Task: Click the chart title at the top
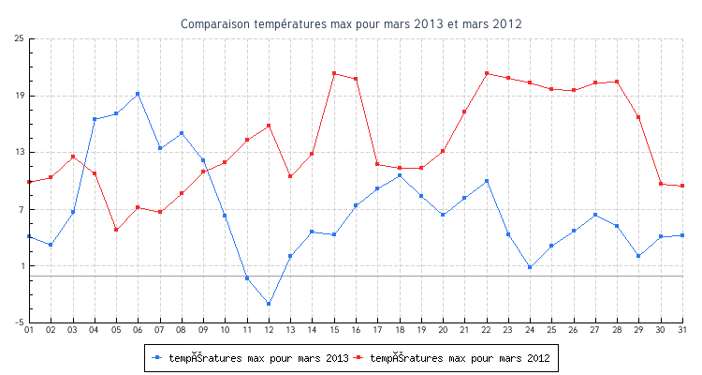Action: pyautogui.click(x=351, y=23)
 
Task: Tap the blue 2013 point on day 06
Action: pyautogui.click(x=138, y=94)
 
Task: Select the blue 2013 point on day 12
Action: pyautogui.click(x=269, y=304)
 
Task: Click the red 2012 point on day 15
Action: pyautogui.click(x=334, y=73)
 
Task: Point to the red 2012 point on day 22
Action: pyautogui.click(x=487, y=73)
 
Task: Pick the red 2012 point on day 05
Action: pyautogui.click(x=116, y=230)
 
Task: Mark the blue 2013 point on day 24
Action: pyautogui.click(x=530, y=267)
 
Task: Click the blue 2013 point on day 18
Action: pyautogui.click(x=400, y=175)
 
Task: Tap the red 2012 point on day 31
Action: pyautogui.click(x=683, y=186)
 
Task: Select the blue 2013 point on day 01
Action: pyautogui.click(x=29, y=236)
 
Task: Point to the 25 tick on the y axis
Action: pyautogui.click(x=19, y=38)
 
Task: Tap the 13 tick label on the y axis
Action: pyautogui.click(x=19, y=152)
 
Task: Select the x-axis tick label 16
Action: pyautogui.click(x=356, y=330)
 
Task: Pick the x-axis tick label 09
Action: pyautogui.click(x=203, y=330)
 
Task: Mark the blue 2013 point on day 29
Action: pyautogui.click(x=638, y=256)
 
